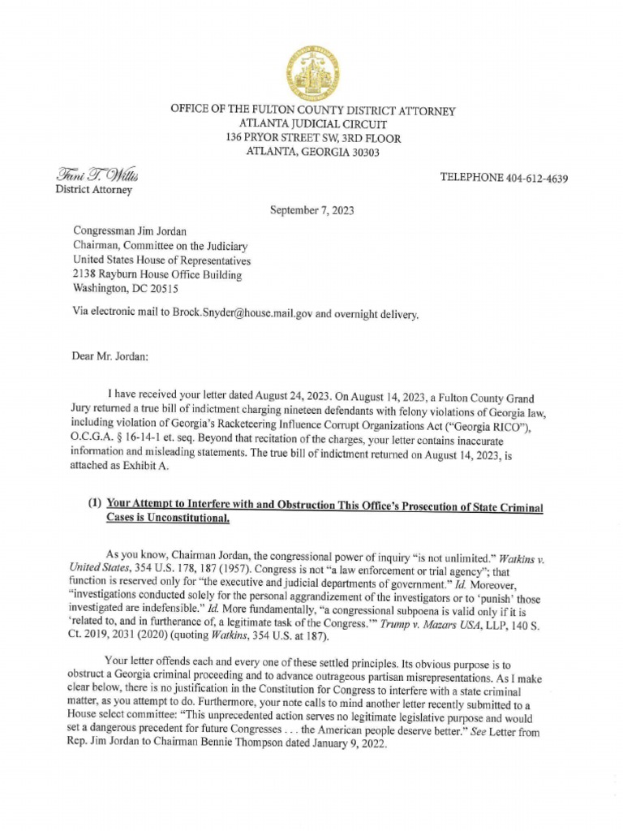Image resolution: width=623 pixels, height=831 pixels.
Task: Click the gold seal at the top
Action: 312,72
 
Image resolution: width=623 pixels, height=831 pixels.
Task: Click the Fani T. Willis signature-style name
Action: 97,175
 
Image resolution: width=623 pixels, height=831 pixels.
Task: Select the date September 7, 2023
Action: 311,210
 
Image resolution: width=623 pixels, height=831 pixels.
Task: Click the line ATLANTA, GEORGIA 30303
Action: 312,152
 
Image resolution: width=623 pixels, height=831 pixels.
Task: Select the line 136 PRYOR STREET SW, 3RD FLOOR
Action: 312,139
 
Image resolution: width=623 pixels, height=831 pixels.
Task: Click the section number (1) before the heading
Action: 95,504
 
